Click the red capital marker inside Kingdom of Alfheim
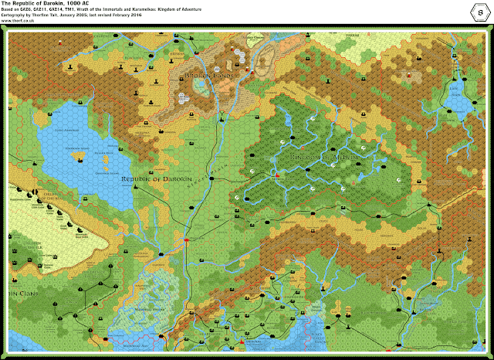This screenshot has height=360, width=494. (277, 174)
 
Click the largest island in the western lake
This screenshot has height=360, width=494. (81, 159)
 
